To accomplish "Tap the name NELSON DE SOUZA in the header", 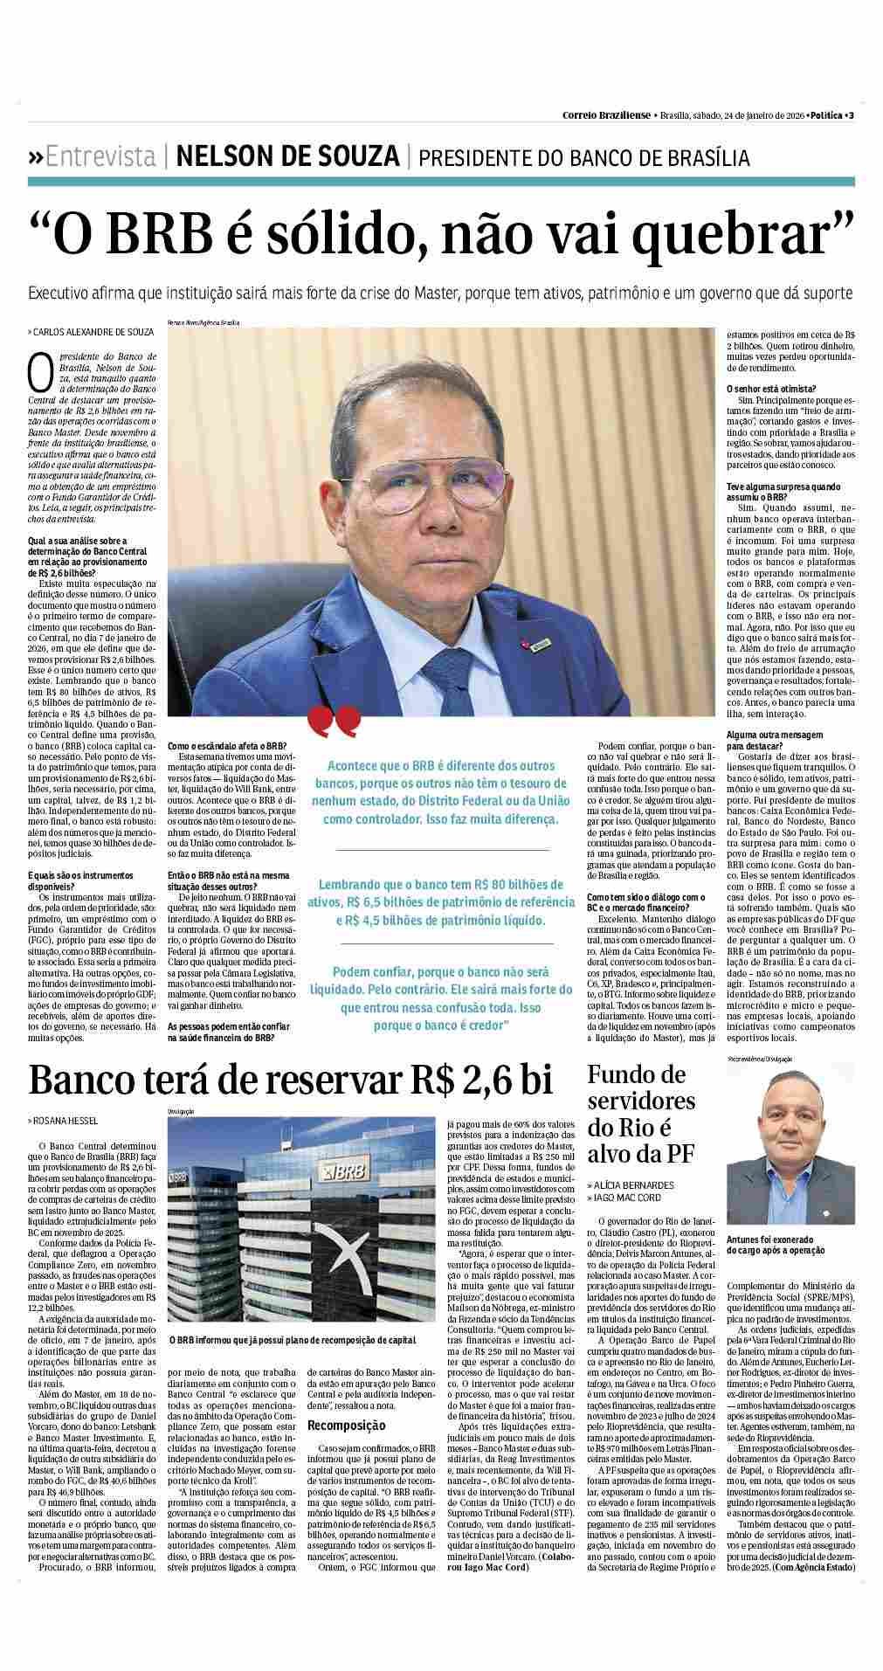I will pyautogui.click(x=287, y=157).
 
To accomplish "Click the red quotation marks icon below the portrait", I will pyautogui.click(x=335, y=721).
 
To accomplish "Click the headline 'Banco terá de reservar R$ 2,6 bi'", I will pyautogui.click(x=291, y=1081).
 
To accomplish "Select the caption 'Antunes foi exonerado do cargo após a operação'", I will pyautogui.click(x=775, y=1245).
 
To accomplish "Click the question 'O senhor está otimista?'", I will pyautogui.click(x=771, y=389).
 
